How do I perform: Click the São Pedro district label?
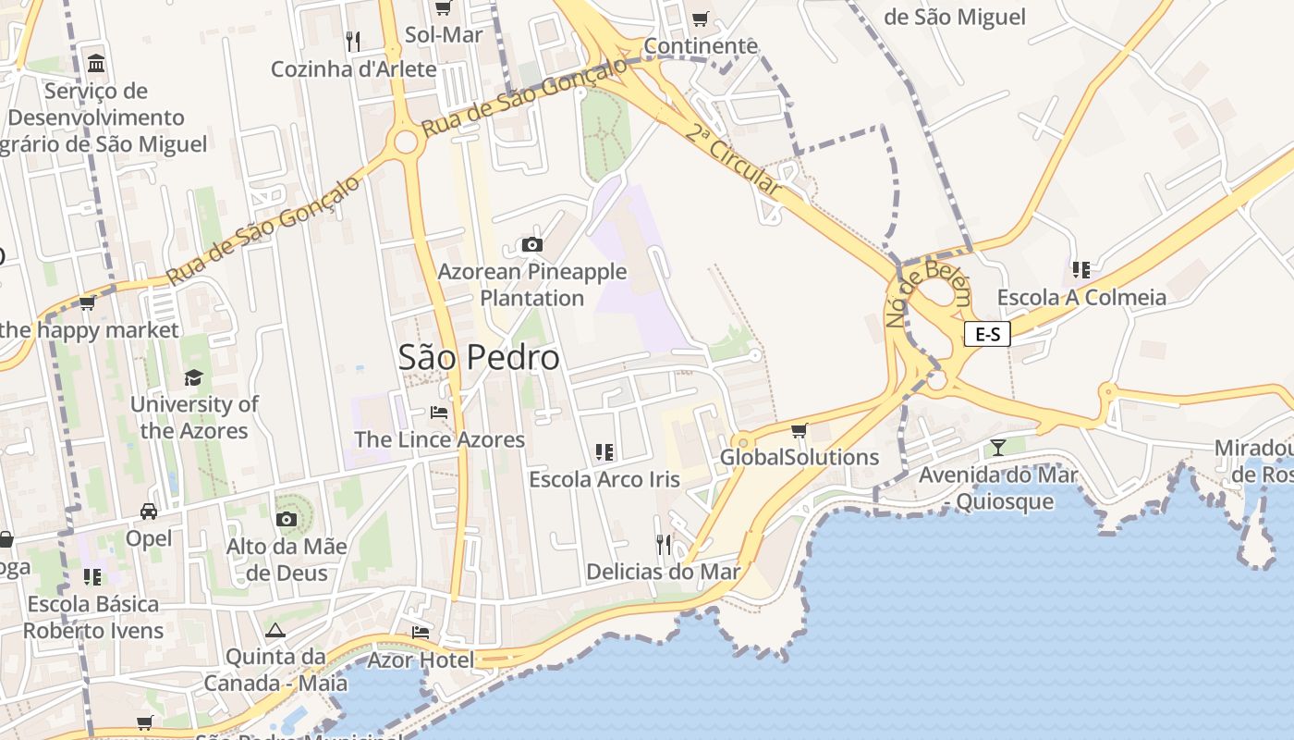tap(479, 357)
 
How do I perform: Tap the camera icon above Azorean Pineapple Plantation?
tap(531, 245)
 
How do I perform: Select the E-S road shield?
tap(987, 334)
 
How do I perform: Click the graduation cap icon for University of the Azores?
tap(193, 377)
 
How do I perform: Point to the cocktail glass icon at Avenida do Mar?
tap(997, 448)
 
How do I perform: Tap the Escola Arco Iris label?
tap(604, 479)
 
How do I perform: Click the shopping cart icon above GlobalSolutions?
tap(800, 430)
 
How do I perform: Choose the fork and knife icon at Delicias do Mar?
tap(663, 543)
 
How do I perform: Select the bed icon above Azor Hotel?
tap(421, 633)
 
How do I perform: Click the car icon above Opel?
tap(148, 512)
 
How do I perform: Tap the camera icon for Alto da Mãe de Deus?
tap(287, 519)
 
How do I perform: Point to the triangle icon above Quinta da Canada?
tap(275, 631)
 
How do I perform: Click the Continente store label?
tap(701, 45)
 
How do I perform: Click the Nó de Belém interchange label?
tap(928, 294)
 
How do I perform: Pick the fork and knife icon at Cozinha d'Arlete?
tap(352, 41)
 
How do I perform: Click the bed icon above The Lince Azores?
tap(439, 412)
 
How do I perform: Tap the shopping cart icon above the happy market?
tap(88, 302)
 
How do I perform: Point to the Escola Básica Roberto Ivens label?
tap(93, 617)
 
